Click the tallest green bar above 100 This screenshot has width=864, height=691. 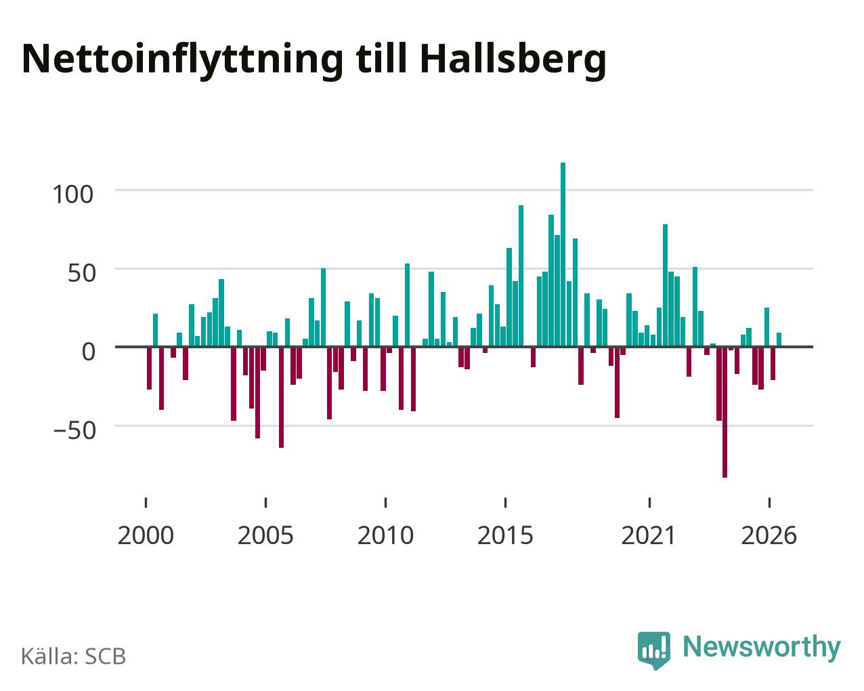click(563, 254)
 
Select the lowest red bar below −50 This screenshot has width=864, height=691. click(725, 412)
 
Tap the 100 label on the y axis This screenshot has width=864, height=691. click(72, 194)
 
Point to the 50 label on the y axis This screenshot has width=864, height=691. click(82, 273)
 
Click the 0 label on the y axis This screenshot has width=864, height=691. click(89, 352)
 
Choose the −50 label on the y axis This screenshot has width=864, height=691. click(75, 430)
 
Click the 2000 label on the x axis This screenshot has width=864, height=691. click(146, 535)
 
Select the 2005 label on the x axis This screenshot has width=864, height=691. click(265, 535)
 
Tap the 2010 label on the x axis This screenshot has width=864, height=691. click(385, 535)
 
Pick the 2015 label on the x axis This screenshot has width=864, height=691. click(505, 535)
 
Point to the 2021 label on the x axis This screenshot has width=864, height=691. click(649, 535)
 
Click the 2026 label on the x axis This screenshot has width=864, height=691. click(769, 535)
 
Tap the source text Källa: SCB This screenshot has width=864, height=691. click(74, 656)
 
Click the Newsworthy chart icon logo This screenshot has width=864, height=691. click(654, 650)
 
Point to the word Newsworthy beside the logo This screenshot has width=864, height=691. click(762, 647)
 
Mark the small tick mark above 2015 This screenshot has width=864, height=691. click(505, 503)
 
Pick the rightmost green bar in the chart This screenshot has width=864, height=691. click(779, 339)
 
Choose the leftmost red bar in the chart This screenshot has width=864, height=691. click(149, 368)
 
